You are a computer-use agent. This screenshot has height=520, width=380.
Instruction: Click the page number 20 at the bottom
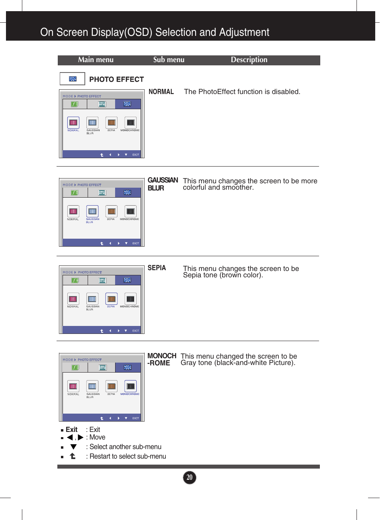click(x=190, y=477)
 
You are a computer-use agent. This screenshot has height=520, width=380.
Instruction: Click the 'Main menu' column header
click(x=96, y=60)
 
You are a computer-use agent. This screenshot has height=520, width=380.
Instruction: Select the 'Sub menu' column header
click(x=169, y=60)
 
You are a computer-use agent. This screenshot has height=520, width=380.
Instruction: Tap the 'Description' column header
click(x=249, y=60)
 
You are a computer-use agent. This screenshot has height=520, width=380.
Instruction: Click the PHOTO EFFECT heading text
click(x=116, y=79)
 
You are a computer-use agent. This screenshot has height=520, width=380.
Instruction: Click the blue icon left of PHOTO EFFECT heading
click(x=72, y=79)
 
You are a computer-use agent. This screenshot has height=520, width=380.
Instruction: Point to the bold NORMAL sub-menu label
click(x=161, y=92)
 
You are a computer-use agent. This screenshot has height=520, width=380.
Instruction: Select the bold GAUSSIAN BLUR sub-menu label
click(x=163, y=184)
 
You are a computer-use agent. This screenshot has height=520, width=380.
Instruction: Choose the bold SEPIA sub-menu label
click(x=157, y=268)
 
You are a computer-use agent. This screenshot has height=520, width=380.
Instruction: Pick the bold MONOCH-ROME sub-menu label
click(x=161, y=359)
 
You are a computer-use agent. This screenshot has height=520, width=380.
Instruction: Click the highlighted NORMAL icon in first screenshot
click(x=73, y=123)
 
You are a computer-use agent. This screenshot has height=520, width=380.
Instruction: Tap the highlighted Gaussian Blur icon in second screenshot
click(x=92, y=211)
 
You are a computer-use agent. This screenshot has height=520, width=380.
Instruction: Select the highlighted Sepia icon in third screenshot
click(x=112, y=299)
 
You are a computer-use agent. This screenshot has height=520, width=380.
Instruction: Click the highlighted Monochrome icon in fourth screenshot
click(x=130, y=386)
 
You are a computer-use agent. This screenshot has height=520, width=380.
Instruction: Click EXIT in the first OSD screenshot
click(x=135, y=155)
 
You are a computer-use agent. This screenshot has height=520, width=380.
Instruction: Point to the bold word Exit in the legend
click(x=72, y=430)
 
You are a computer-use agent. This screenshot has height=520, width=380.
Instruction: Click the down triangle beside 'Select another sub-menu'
click(x=73, y=447)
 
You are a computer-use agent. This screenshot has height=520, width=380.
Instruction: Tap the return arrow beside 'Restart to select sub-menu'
click(x=72, y=456)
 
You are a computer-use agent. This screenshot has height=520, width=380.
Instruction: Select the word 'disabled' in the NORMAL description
click(x=285, y=92)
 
